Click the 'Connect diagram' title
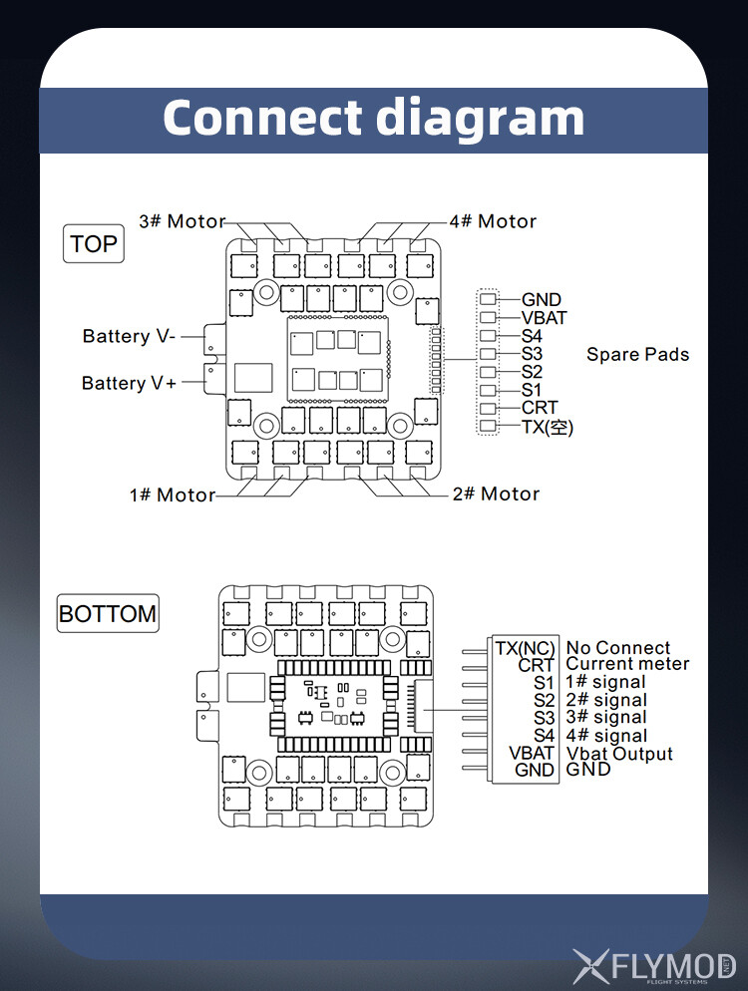[373, 118]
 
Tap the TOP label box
[94, 243]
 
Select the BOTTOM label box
[108, 613]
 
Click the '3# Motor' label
[183, 221]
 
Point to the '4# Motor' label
[493, 221]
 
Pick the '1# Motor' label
[173, 495]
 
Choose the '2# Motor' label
[496, 494]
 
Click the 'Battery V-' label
[129, 336]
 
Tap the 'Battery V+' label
[129, 383]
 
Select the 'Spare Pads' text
[637, 354]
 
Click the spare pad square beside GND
[488, 299]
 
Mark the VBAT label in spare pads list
[544, 318]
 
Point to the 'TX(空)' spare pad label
[548, 427]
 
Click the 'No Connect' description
[618, 648]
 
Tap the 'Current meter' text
[627, 664]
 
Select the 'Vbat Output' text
[619, 754]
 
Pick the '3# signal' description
[606, 717]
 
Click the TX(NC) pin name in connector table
[525, 648]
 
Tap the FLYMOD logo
[654, 965]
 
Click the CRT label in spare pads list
[540, 408]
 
